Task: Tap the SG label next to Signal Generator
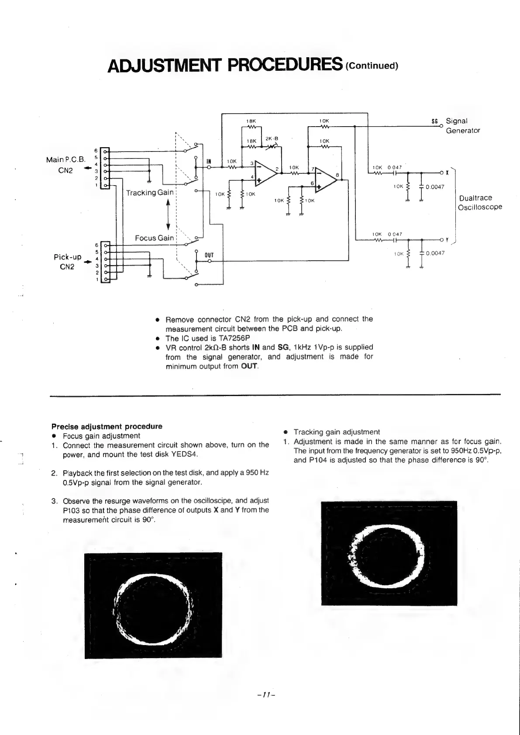tap(434, 121)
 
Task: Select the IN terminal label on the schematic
tap(209, 161)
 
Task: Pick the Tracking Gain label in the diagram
tap(150, 193)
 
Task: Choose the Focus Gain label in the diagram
tap(154, 238)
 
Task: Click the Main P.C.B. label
tap(65, 159)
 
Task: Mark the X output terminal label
tap(447, 173)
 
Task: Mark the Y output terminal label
tap(447, 240)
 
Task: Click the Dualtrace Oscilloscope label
tap(479, 203)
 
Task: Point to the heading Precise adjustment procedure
tap(107, 426)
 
